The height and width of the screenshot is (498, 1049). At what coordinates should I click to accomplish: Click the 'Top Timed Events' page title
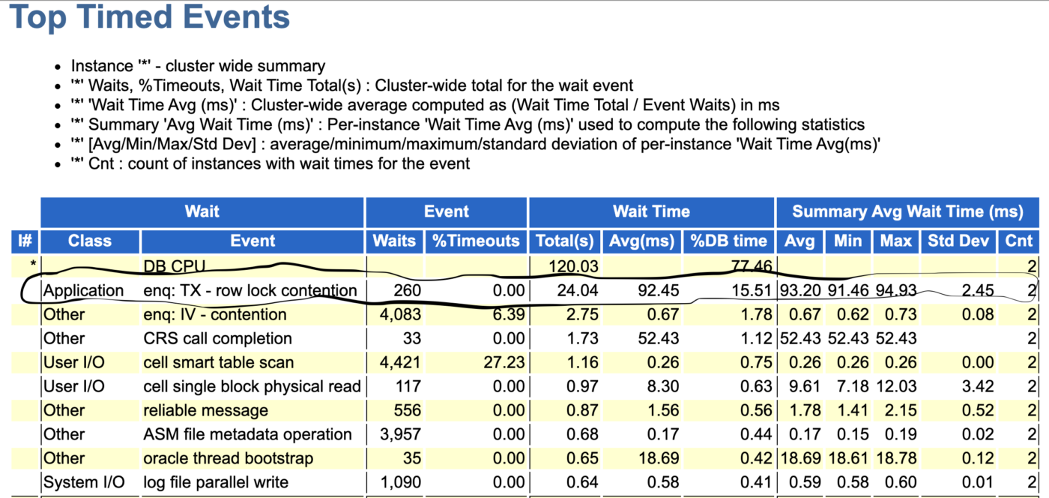pyautogui.click(x=149, y=18)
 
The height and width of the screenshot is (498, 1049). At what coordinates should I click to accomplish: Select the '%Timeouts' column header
pyautogui.click(x=476, y=241)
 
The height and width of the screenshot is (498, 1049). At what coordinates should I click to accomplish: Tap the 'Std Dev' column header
pyautogui.click(x=958, y=241)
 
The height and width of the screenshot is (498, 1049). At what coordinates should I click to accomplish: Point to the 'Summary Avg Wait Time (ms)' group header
pyautogui.click(x=907, y=211)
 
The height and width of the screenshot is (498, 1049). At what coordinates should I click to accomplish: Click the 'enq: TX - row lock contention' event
pyautogui.click(x=250, y=290)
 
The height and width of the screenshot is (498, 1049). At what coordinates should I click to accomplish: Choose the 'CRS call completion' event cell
pyautogui.click(x=217, y=338)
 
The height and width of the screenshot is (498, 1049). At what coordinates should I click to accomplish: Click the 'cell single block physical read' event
pyautogui.click(x=252, y=386)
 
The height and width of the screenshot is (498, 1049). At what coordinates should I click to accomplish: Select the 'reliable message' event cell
pyautogui.click(x=205, y=410)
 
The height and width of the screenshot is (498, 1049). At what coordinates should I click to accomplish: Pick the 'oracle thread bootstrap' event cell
pyautogui.click(x=228, y=458)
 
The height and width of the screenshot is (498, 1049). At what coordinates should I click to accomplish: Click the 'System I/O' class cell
pyautogui.click(x=84, y=482)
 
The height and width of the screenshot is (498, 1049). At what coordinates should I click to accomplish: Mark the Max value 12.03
pyautogui.click(x=896, y=386)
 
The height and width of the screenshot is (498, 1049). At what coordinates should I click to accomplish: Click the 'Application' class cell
pyautogui.click(x=84, y=290)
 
